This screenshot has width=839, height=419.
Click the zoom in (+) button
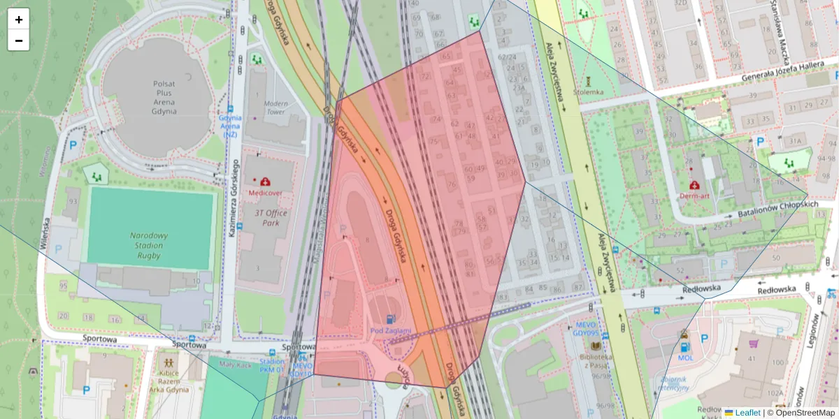point(19,20)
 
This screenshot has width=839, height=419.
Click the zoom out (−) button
point(19,41)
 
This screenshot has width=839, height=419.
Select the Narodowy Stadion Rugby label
point(145,245)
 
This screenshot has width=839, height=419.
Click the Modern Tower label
point(275,108)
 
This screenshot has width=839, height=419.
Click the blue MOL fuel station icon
point(684,346)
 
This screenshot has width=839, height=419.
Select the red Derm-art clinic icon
point(694,186)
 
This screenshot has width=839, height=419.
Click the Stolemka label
point(587,91)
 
